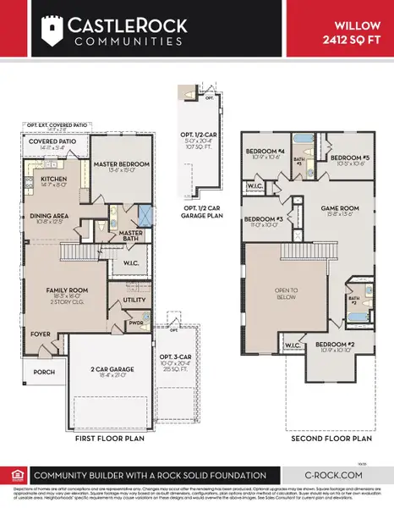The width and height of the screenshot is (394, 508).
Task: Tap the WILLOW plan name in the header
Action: pyautogui.click(x=359, y=26)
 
